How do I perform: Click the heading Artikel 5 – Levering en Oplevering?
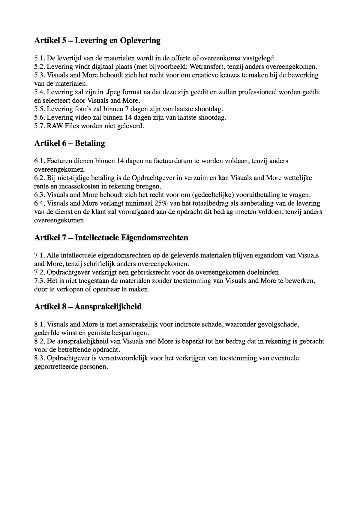click(97, 41)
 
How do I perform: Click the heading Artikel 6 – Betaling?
click(70, 143)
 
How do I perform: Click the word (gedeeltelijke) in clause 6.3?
click(213, 195)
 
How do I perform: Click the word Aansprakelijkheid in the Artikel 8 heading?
click(108, 307)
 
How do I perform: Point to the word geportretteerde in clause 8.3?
click(55, 367)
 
